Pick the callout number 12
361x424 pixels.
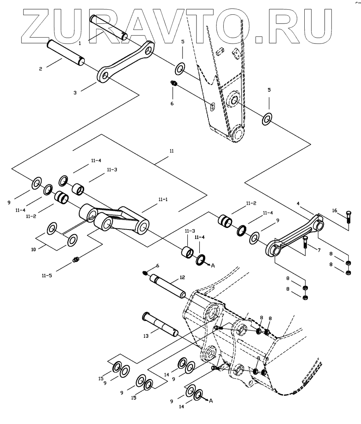182,277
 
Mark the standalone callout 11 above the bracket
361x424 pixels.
172,152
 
